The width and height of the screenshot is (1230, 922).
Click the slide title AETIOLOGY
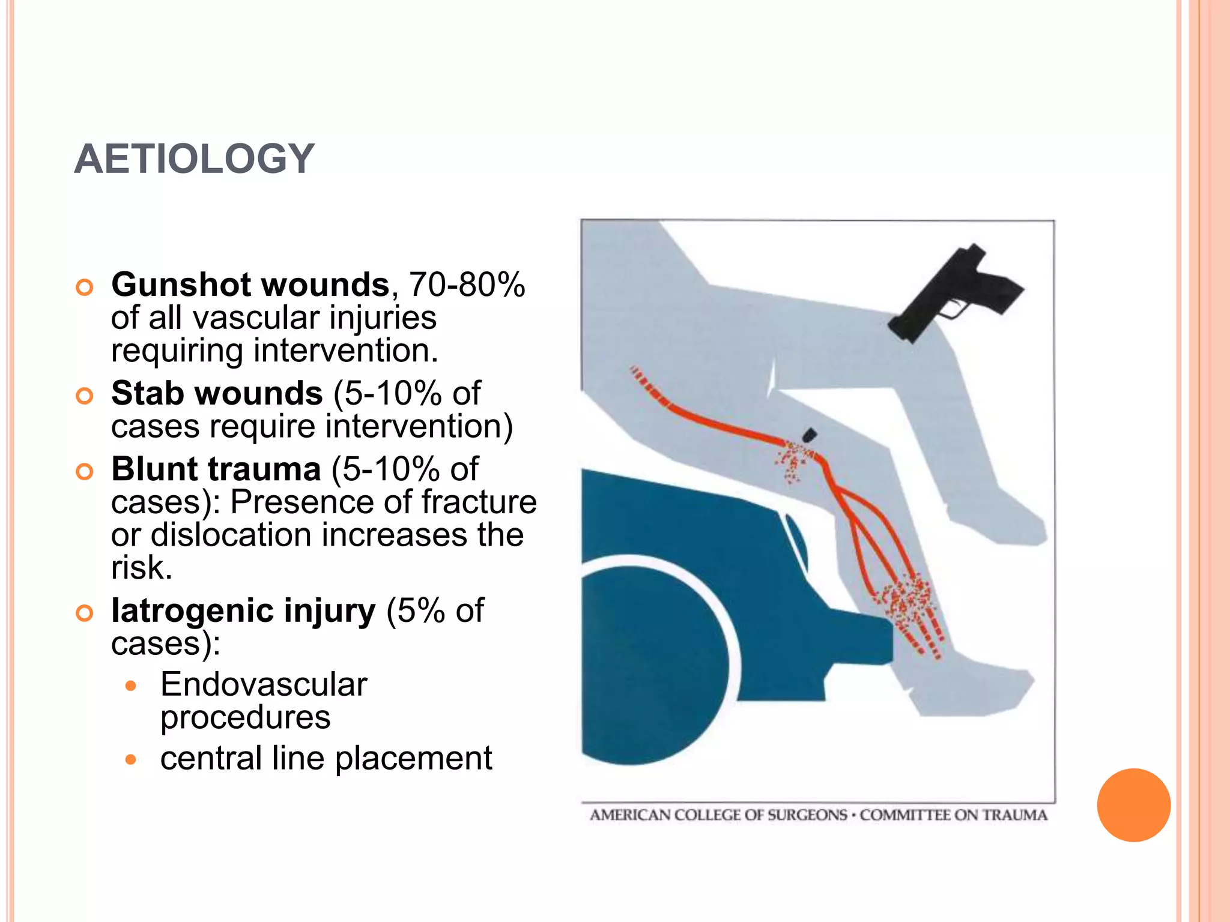click(194, 159)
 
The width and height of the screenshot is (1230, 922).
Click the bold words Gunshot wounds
click(250, 285)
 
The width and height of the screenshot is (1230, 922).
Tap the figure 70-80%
click(467, 285)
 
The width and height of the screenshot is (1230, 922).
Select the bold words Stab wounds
click(217, 394)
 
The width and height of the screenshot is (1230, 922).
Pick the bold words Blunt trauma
click(216, 469)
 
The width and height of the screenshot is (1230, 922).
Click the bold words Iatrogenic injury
click(243, 611)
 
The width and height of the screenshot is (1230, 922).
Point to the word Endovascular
click(263, 684)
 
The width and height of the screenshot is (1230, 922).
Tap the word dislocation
click(231, 535)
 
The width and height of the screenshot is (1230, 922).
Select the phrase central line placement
click(326, 758)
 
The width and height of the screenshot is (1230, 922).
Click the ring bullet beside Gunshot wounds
click(85, 288)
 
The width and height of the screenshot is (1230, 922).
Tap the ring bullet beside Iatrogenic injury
click(85, 613)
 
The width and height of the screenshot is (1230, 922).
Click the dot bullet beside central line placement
click(131, 760)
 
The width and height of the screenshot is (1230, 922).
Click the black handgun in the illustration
click(955, 291)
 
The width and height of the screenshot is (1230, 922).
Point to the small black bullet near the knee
click(810, 434)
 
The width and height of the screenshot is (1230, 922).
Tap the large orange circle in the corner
click(1133, 805)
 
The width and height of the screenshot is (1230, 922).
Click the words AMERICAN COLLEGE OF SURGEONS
click(718, 815)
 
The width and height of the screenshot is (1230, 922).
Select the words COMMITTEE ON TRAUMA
click(953, 815)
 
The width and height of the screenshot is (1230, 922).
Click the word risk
click(141, 567)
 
